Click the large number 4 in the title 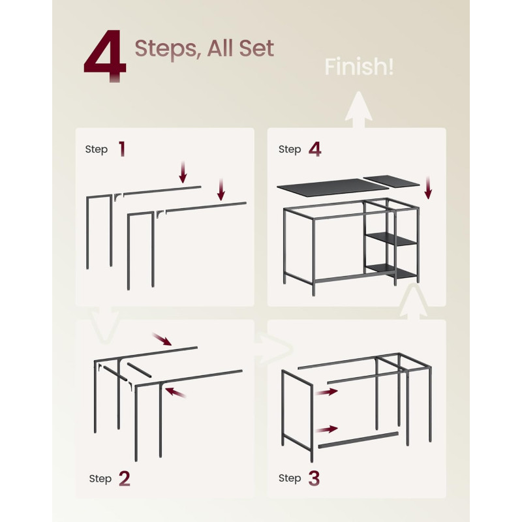point(105,56)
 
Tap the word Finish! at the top point(359,67)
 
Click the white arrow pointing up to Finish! point(358,110)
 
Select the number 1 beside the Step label point(122,149)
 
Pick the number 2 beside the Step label point(124,479)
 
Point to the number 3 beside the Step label point(314,478)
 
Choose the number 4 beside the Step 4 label point(315,149)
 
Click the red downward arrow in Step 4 point(429,188)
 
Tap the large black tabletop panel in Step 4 point(333,187)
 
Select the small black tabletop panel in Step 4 point(391,181)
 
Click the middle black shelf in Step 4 point(391,239)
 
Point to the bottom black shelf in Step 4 point(391,270)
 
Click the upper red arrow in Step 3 point(327,392)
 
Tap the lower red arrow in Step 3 point(327,429)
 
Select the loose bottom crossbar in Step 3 point(358,440)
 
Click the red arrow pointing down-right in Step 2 point(162,339)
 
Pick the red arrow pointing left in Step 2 point(176,392)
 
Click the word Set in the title point(256,48)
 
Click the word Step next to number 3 point(290,478)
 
